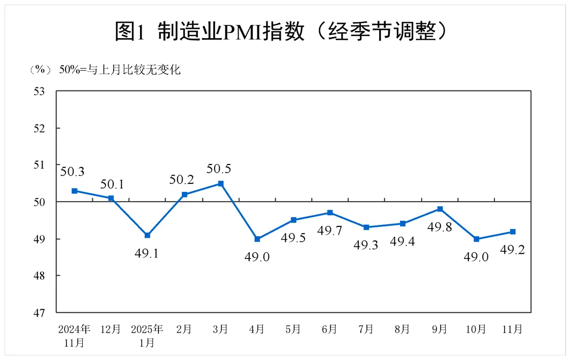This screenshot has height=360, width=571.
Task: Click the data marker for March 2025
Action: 221,183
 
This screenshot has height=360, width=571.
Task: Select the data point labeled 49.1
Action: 147,235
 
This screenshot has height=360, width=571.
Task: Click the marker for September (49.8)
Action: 440,209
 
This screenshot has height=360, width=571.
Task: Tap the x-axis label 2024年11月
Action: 74,335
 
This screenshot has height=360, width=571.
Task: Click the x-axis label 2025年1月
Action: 147,335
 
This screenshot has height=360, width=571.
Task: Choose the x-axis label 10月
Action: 477,329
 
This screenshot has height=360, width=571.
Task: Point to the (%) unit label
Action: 41,70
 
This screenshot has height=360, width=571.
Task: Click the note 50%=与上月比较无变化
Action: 119,70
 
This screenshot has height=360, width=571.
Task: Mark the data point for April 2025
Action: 257,239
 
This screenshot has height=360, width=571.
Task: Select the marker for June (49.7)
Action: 330,212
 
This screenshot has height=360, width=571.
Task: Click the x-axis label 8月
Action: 402,329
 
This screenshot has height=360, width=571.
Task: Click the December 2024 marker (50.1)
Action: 111,198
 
